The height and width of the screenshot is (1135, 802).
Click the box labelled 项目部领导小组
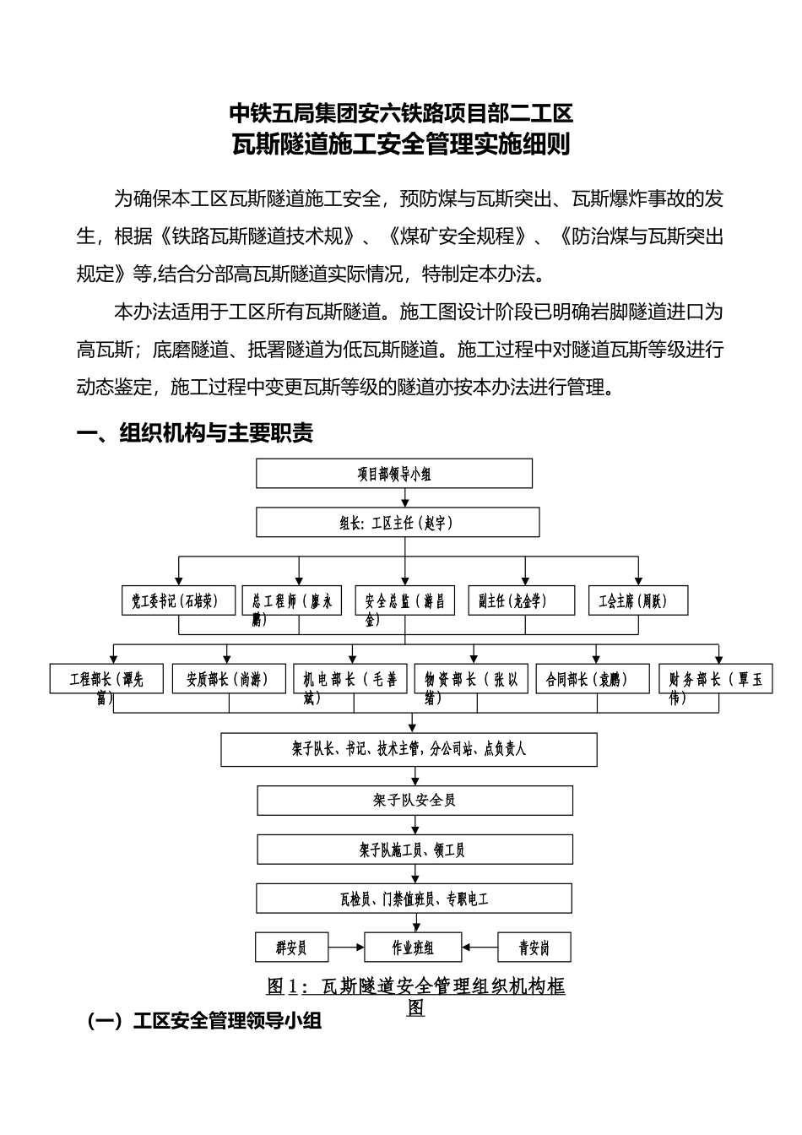point(394,474)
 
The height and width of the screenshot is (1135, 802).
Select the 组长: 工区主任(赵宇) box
point(398,523)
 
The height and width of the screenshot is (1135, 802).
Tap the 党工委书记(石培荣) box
point(178,600)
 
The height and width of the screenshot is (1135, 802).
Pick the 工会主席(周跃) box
point(637,600)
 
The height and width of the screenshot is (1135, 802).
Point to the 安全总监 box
point(405,600)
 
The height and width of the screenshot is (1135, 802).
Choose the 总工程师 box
point(292,600)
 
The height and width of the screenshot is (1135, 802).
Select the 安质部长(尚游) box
point(227,679)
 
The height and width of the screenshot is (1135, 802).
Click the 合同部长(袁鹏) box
point(593,679)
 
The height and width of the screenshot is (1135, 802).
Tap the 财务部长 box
point(716,679)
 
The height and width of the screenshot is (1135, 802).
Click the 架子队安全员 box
point(415,800)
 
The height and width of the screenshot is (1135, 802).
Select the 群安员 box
point(291,948)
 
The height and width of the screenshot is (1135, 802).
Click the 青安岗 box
point(534,948)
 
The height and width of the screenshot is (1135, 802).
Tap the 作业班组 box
point(413,948)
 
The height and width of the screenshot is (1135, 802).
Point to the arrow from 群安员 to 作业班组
point(345,948)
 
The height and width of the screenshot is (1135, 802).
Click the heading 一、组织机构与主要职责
point(195,433)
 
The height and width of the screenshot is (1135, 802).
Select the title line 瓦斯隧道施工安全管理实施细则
point(401,145)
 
